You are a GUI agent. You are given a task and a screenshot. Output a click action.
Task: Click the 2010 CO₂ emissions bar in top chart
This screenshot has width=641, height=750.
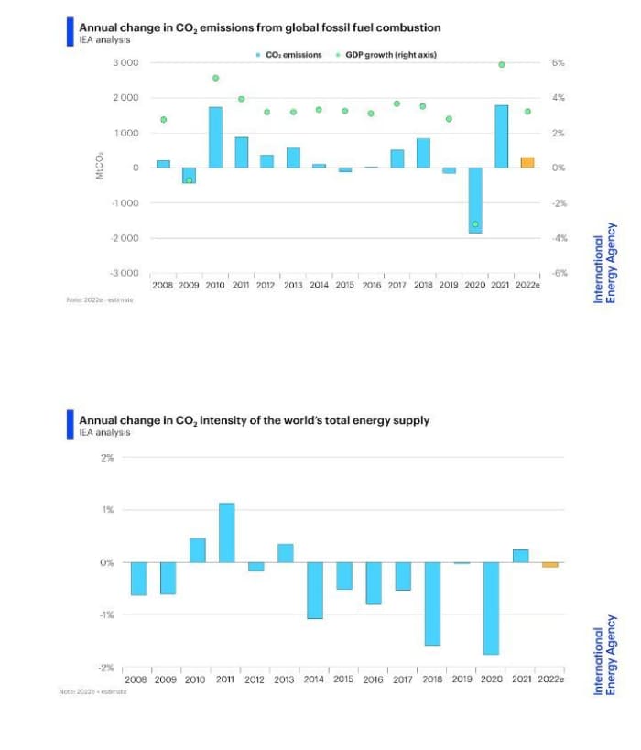pyautogui.click(x=215, y=137)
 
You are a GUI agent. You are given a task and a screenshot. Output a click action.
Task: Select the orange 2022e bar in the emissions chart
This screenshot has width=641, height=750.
pyautogui.click(x=527, y=162)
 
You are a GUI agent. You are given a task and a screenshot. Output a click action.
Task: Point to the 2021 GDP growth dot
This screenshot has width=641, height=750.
pyautogui.click(x=502, y=64)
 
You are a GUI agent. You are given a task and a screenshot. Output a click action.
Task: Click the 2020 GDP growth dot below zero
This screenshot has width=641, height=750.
pyautogui.click(x=475, y=223)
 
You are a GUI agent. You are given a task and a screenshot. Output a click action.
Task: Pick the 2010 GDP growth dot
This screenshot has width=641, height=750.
pyautogui.click(x=215, y=78)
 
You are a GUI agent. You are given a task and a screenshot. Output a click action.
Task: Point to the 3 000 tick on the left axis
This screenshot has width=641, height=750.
pyautogui.click(x=125, y=62)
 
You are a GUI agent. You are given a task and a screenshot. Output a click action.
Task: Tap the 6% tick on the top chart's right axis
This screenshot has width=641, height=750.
pyautogui.click(x=559, y=62)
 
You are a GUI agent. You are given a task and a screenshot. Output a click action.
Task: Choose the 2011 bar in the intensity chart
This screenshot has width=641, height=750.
pyautogui.click(x=227, y=532)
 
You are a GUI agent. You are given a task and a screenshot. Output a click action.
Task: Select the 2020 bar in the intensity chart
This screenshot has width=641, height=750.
pyautogui.click(x=491, y=608)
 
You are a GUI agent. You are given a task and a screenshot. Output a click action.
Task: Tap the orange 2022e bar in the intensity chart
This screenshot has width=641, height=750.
pyautogui.click(x=549, y=565)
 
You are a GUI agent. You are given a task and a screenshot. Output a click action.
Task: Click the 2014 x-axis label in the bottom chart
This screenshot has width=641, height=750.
pyautogui.click(x=314, y=679)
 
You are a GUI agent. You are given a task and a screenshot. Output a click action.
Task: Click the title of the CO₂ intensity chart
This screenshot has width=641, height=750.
pyautogui.click(x=255, y=420)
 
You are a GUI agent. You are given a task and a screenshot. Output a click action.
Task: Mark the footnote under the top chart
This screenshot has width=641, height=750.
pyautogui.click(x=100, y=299)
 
